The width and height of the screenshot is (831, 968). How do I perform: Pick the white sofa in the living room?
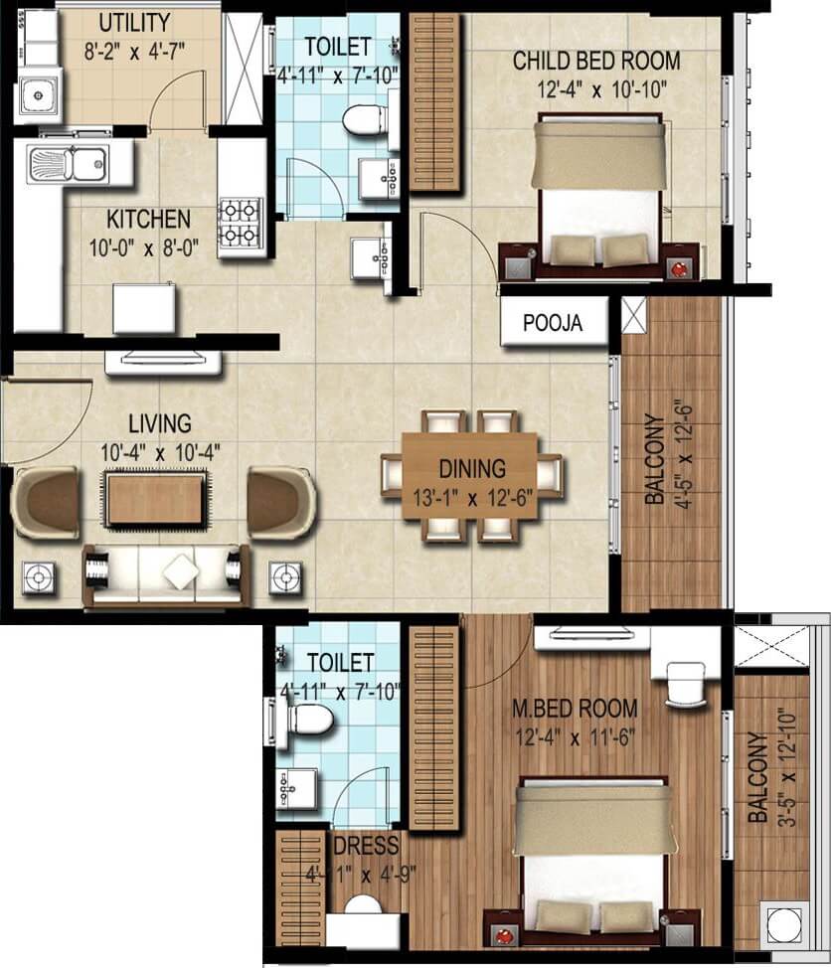click(x=162, y=573)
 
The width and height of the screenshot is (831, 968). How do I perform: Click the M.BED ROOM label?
click(x=574, y=709)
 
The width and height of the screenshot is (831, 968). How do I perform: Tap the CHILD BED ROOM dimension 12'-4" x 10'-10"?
click(x=595, y=87)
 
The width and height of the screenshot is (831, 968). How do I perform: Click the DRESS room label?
click(x=367, y=847)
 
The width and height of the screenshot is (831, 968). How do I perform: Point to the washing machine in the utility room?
click(x=38, y=95)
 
